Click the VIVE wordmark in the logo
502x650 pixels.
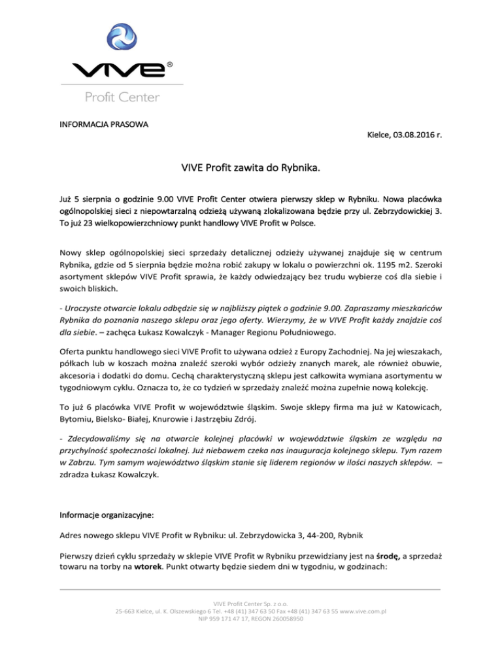[118, 69]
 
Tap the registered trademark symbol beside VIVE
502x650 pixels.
[170, 64]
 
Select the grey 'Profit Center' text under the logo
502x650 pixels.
[121, 97]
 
